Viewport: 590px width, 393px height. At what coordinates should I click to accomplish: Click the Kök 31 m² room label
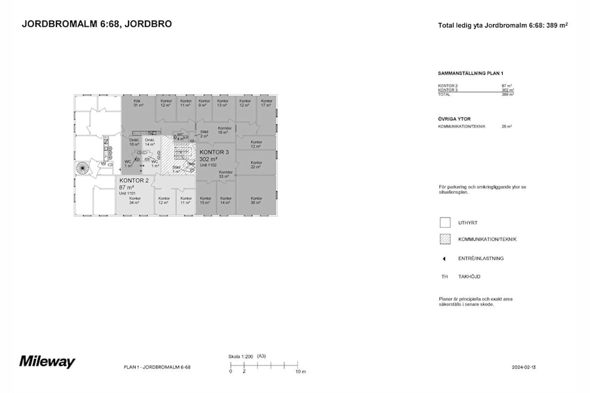pyautogui.click(x=138, y=103)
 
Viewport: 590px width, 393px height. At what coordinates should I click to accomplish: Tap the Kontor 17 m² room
pyautogui.click(x=266, y=103)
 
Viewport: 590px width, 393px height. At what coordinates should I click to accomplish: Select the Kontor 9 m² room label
pyautogui.click(x=205, y=103)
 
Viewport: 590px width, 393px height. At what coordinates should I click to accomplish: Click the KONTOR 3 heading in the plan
pyautogui.click(x=214, y=152)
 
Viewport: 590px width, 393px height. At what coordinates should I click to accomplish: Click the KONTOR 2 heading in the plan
pyautogui.click(x=134, y=180)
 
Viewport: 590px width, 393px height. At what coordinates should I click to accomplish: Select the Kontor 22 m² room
pyautogui.click(x=256, y=164)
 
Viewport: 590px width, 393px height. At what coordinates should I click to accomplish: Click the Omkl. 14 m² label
pyautogui.click(x=150, y=141)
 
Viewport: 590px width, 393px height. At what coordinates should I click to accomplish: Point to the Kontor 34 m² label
pyautogui.click(x=134, y=200)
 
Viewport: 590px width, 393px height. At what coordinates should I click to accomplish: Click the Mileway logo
pyautogui.click(x=47, y=362)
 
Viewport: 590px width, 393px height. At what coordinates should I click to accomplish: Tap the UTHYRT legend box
pyautogui.click(x=445, y=223)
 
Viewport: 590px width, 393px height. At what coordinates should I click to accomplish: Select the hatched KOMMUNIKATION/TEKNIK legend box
pyautogui.click(x=445, y=239)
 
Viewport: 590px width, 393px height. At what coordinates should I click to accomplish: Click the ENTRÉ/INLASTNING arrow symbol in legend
pyautogui.click(x=444, y=259)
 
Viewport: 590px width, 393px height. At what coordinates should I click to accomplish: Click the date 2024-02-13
pyautogui.click(x=524, y=367)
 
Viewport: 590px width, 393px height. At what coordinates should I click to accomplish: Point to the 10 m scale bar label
pyautogui.click(x=300, y=371)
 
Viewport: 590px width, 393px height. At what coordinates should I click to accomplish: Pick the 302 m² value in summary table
pyautogui.click(x=507, y=90)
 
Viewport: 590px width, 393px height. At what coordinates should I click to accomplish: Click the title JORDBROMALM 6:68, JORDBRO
pyautogui.click(x=97, y=24)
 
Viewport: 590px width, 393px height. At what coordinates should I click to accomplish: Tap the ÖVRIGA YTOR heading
pyautogui.click(x=455, y=119)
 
